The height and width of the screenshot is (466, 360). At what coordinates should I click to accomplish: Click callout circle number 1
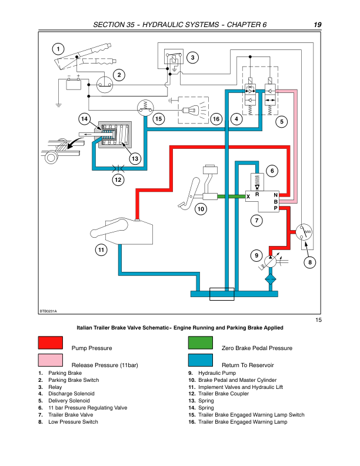(x=58, y=49)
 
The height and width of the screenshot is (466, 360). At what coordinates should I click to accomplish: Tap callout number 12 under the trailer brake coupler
(x=119, y=180)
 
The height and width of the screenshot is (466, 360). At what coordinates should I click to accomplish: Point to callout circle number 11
(x=101, y=250)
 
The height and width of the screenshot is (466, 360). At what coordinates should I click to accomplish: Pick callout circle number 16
(x=216, y=119)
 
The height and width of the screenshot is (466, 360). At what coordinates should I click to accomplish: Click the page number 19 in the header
(x=317, y=25)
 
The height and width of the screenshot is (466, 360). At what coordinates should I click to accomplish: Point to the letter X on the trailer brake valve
(x=248, y=196)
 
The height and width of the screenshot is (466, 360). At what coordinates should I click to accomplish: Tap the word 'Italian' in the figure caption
(x=86, y=327)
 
